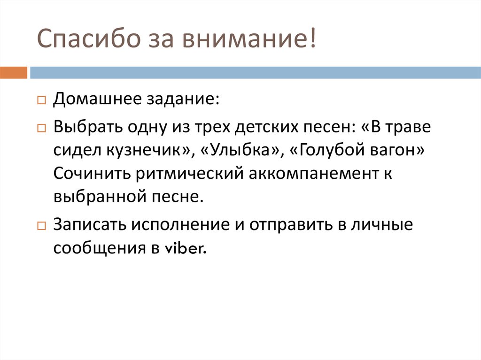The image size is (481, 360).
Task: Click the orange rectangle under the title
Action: tap(14, 73)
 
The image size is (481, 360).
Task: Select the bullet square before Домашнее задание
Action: tap(42, 101)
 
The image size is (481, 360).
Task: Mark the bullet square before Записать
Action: tap(42, 226)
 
